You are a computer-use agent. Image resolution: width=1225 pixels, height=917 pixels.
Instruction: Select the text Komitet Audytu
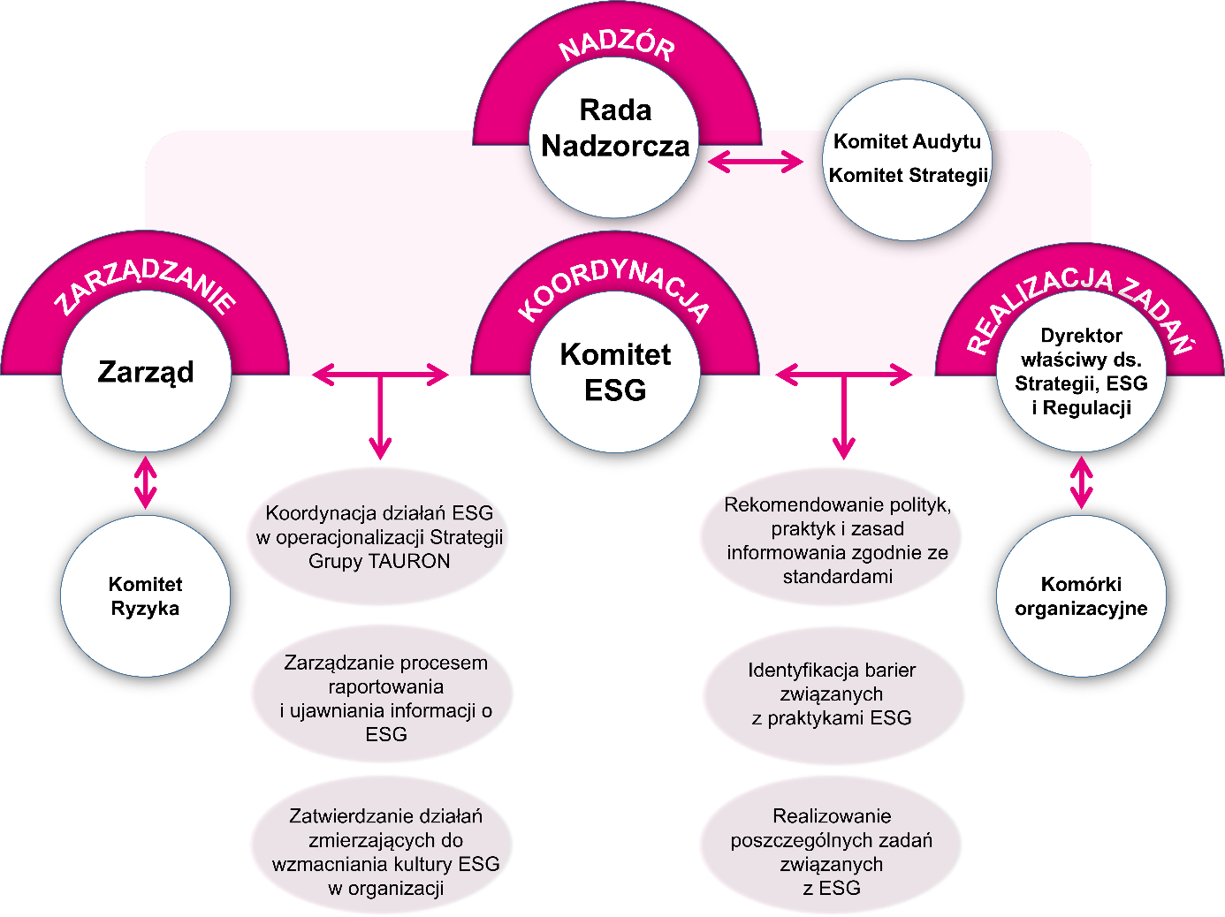[x=908, y=142]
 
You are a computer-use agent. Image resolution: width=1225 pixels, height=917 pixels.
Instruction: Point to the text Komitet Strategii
[x=908, y=175]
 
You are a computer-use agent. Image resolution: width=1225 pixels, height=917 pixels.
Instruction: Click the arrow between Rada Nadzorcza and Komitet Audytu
[x=756, y=162]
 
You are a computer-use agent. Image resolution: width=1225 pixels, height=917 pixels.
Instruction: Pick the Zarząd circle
[x=146, y=372]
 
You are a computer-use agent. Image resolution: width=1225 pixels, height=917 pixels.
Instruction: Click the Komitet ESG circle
[x=615, y=372]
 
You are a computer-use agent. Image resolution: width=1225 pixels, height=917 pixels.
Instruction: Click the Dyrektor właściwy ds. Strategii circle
[x=1081, y=372]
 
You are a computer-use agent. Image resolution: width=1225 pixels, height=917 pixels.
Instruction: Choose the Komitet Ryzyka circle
[x=146, y=596]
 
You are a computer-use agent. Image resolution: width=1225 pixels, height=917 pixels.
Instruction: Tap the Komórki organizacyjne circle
[x=1081, y=596]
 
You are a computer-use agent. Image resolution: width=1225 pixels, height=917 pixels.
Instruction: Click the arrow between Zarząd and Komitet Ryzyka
[x=146, y=482]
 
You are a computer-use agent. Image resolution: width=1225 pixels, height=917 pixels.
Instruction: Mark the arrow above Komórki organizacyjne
[x=1081, y=482]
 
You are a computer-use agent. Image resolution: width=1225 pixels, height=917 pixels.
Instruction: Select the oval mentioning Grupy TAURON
[x=379, y=537]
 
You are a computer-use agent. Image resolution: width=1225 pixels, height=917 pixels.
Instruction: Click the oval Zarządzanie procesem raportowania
[x=384, y=698]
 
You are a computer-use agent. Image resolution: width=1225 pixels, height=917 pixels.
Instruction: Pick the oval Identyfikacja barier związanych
[x=832, y=693]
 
